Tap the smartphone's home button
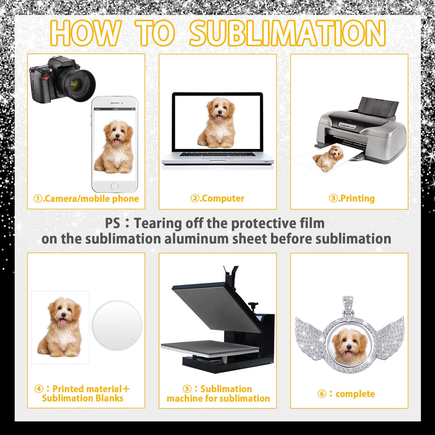[115, 186]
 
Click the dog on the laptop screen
[217, 123]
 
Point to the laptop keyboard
[218, 154]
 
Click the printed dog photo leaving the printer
[325, 159]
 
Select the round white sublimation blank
[117, 325]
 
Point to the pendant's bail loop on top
[349, 307]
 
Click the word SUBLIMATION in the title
[287, 33]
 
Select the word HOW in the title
[86, 33]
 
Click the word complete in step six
[355, 394]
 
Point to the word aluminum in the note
[196, 239]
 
